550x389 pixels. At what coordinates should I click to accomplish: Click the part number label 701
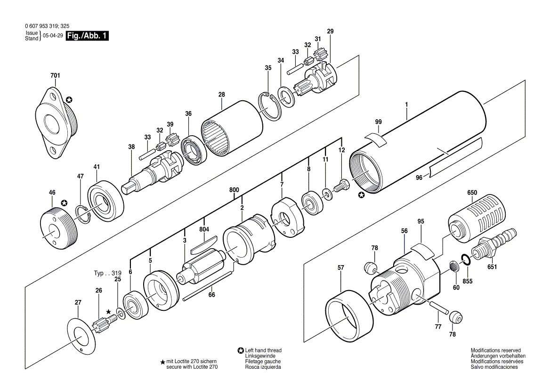(x=55, y=75)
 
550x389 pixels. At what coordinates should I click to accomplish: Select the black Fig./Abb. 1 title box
(x=87, y=36)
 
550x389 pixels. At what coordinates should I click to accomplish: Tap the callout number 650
(x=472, y=193)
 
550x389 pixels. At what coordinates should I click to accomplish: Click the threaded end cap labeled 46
(x=57, y=227)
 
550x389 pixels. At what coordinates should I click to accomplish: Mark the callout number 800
(x=234, y=190)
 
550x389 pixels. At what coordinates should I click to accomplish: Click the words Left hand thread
(x=263, y=350)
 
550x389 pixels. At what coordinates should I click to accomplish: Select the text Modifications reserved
(x=496, y=350)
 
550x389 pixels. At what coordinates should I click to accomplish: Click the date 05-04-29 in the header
(x=53, y=36)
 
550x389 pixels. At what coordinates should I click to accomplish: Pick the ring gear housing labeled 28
(x=232, y=129)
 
